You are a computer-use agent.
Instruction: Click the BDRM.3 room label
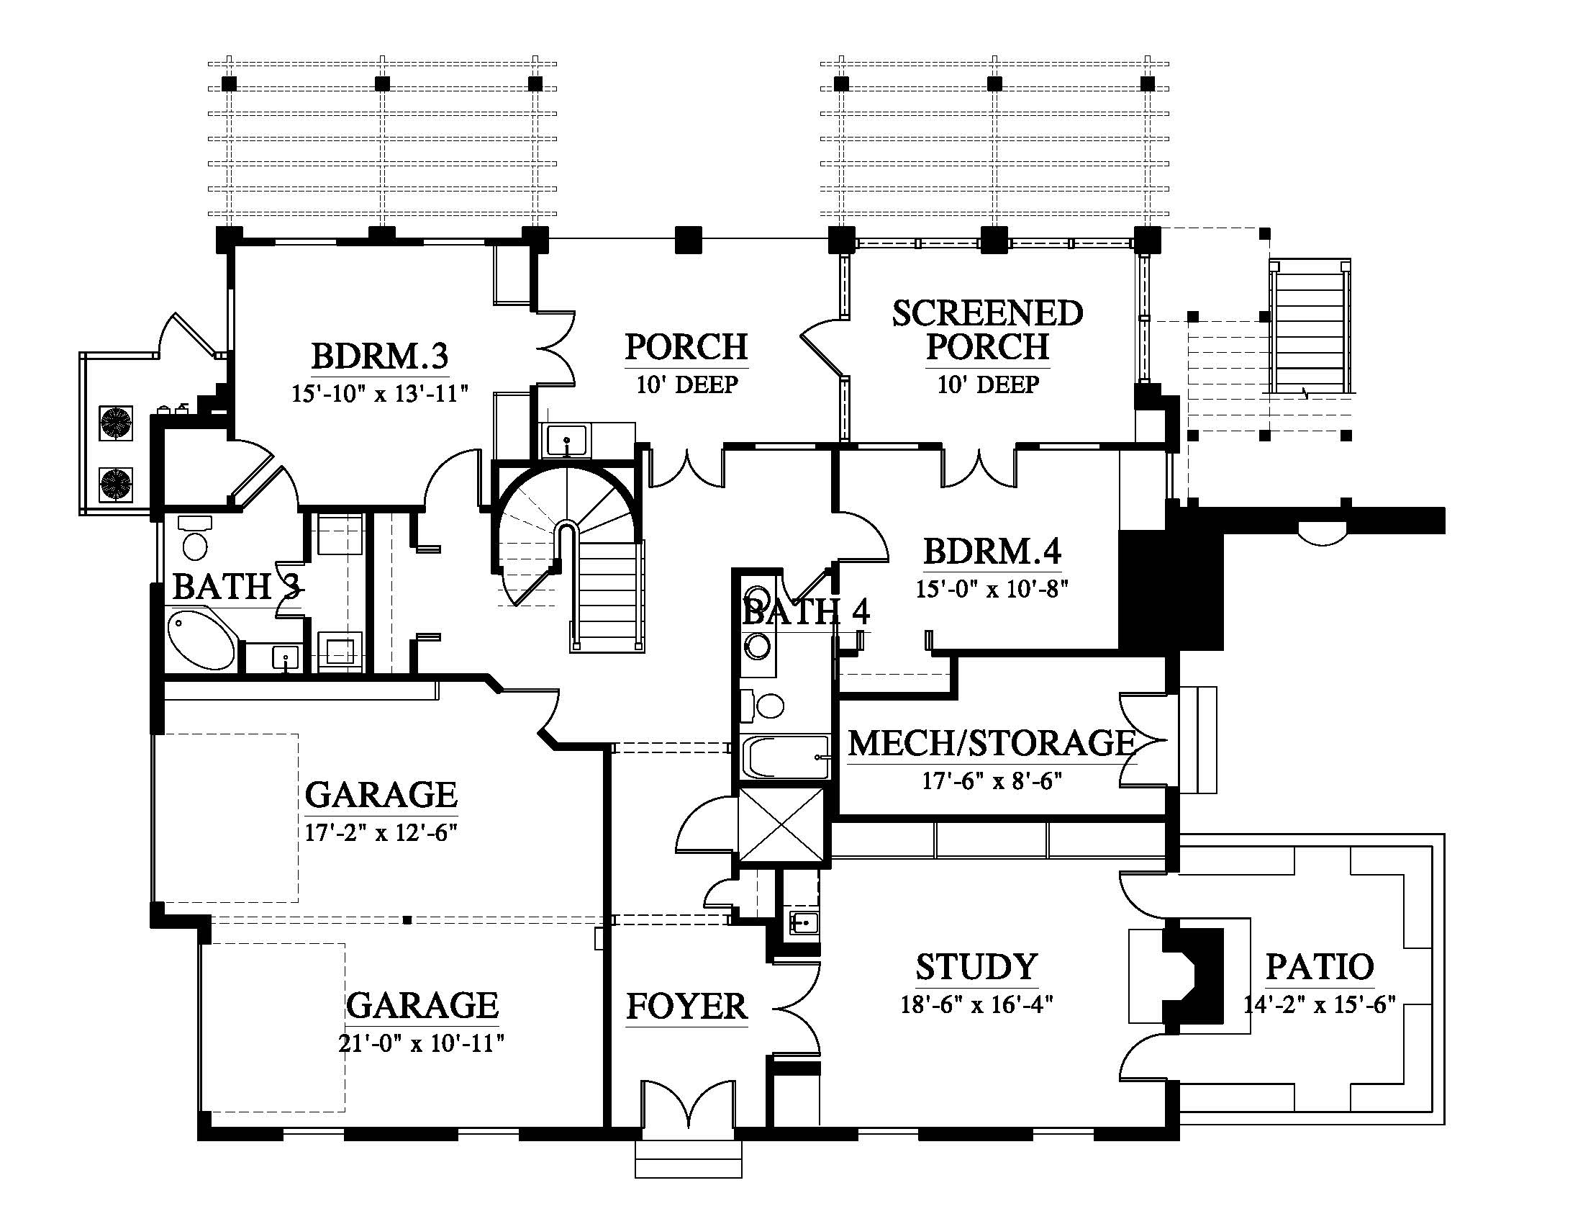tap(380, 356)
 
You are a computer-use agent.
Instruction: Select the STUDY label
tap(976, 966)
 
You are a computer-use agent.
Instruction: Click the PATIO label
tap(1319, 966)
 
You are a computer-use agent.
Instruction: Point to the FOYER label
tap(686, 1007)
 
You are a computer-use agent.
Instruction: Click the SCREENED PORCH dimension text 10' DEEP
tap(988, 384)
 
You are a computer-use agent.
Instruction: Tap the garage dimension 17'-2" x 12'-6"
tap(381, 832)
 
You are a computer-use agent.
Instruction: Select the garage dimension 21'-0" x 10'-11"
tap(421, 1043)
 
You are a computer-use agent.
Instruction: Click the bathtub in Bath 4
tap(786, 757)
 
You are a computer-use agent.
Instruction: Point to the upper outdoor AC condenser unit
tap(116, 423)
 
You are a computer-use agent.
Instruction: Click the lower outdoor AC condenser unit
tap(116, 485)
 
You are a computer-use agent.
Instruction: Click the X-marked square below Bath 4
tap(781, 824)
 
